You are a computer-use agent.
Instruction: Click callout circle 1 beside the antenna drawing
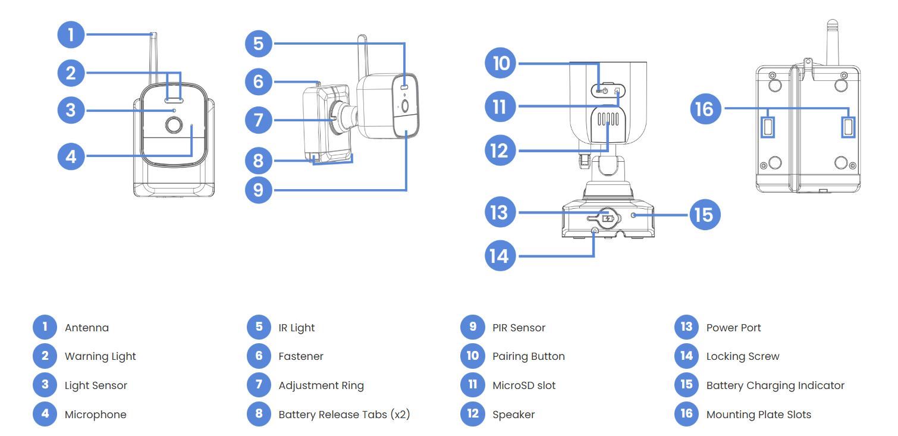tap(71, 34)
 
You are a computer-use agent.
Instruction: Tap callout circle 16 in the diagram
tap(705, 109)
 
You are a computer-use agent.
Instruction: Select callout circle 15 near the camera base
tap(705, 214)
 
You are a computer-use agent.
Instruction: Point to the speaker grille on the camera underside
tap(607, 119)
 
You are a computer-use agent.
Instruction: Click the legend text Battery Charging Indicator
tap(775, 385)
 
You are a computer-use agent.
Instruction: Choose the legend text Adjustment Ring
tap(321, 385)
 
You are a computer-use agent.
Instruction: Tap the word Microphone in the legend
tap(95, 415)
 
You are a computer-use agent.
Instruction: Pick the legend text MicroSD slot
tap(524, 385)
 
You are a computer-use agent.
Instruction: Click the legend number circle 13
tap(686, 327)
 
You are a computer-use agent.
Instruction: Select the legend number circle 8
tap(259, 414)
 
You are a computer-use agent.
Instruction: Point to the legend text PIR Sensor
tap(519, 328)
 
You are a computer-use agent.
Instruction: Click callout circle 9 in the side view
tap(258, 190)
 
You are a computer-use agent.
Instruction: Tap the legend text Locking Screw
tap(742, 356)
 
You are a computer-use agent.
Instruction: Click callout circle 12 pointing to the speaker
tap(500, 150)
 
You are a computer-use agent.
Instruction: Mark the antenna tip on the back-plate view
tap(832, 24)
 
